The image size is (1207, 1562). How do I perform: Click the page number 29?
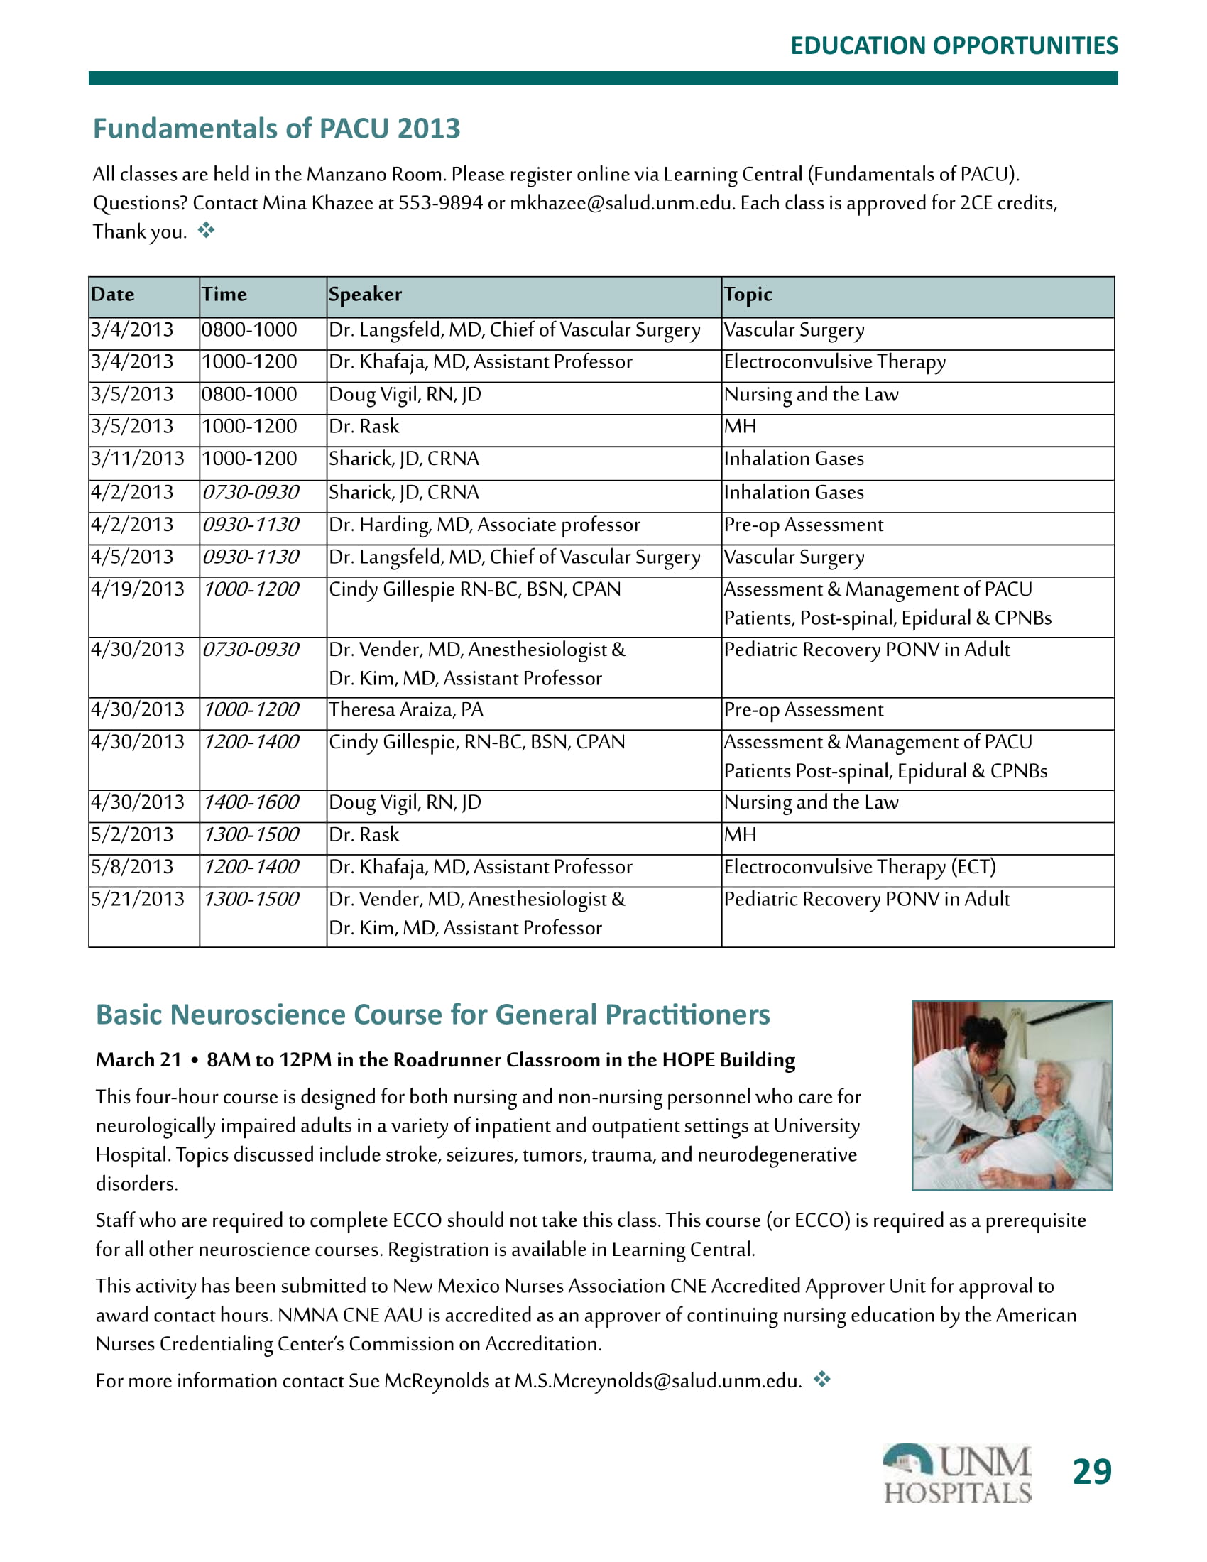pos(1091,1473)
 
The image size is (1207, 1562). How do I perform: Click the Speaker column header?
pos(365,295)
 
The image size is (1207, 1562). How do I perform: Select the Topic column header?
pos(748,295)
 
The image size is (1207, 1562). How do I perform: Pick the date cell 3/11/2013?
pos(137,459)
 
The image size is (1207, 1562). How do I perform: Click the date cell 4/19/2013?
pos(137,589)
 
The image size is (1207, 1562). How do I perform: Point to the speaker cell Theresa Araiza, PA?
pos(405,709)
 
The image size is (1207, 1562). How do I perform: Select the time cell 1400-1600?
pos(251,802)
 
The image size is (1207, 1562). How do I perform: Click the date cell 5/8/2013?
pos(132,867)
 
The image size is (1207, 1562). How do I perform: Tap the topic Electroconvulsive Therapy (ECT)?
pos(860,867)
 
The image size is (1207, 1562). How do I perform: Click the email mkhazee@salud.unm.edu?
pos(621,204)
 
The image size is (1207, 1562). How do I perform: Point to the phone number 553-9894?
pos(440,204)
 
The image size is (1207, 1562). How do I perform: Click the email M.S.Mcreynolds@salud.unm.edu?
pos(657,1380)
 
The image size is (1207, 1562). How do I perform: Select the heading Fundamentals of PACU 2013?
pos(277,129)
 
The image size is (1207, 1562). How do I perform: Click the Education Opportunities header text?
pos(954,45)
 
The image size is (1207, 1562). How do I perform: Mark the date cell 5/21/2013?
pos(137,899)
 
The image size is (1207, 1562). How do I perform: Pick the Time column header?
pos(224,295)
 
